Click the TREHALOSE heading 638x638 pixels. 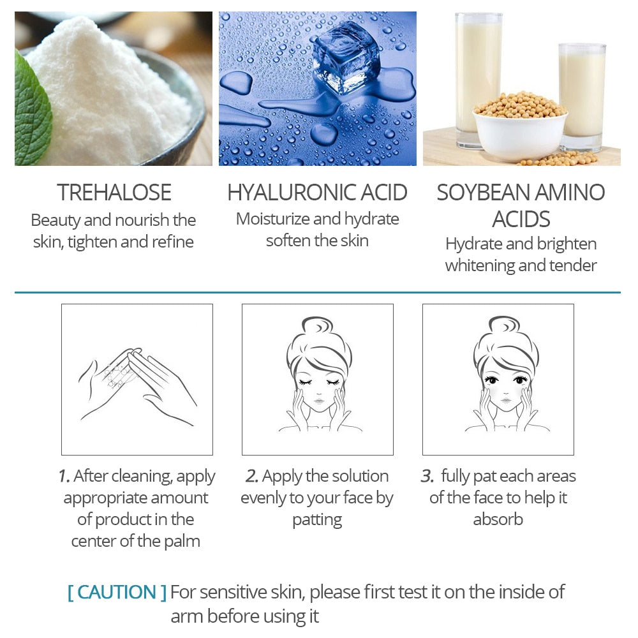click(x=114, y=192)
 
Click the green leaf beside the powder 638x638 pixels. click(x=31, y=108)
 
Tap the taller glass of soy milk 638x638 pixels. click(x=478, y=70)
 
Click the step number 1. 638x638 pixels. click(x=63, y=476)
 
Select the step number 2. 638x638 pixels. click(x=251, y=476)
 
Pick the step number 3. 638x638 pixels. click(x=427, y=476)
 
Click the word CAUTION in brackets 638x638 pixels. click(x=117, y=592)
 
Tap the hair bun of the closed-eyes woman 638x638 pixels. click(x=317, y=325)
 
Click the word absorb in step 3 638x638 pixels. click(x=498, y=519)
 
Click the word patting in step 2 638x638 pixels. click(x=317, y=520)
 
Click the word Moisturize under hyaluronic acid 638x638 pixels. click(x=274, y=219)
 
